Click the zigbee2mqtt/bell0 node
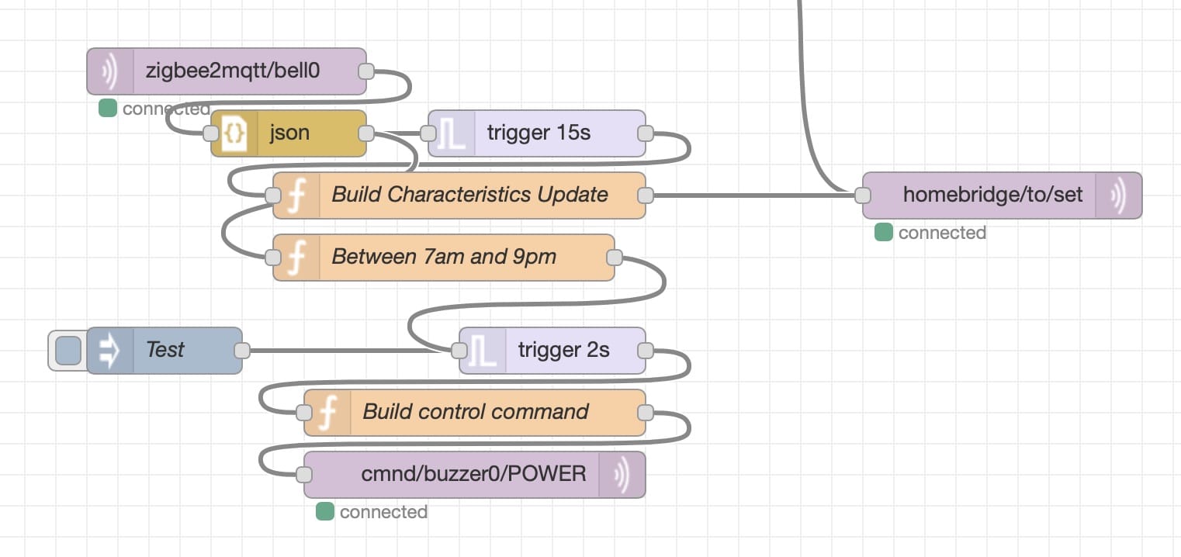[x=227, y=71]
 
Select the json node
[x=289, y=133]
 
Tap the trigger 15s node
[x=537, y=133]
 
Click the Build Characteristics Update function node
[x=459, y=195]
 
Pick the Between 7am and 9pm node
[x=443, y=258]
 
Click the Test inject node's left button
[x=68, y=351]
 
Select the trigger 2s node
[x=552, y=351]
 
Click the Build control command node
[x=475, y=413]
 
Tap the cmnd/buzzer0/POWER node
[x=475, y=475]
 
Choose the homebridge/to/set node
[x=1003, y=195]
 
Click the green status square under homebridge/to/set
[x=884, y=233]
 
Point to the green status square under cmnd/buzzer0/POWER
[x=325, y=512]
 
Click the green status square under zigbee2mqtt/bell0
[x=108, y=108]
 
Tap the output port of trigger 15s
[x=646, y=133]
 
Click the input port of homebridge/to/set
[x=863, y=195]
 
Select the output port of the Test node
[x=242, y=351]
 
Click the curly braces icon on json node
[x=234, y=133]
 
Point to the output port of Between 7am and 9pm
[x=615, y=258]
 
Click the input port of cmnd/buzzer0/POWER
[x=304, y=475]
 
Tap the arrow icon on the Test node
[x=109, y=351]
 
